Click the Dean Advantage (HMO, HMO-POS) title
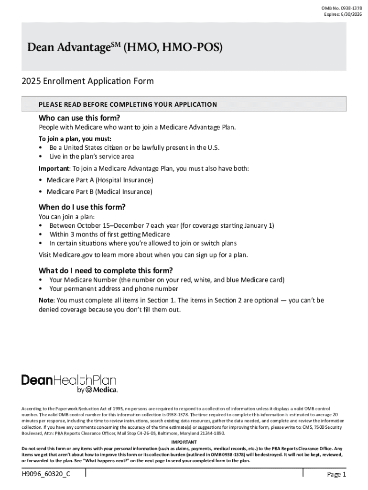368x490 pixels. pyautogui.click(x=125, y=48)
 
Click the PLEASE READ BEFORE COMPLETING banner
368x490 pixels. pyautogui.click(x=128, y=104)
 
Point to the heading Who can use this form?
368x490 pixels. pyautogui.click(x=79, y=118)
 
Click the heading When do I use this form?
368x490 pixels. pyautogui.click(x=82, y=207)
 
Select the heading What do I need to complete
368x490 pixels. pyautogui.click(x=106, y=270)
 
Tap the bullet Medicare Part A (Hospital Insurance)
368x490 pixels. pyautogui.click(x=100, y=180)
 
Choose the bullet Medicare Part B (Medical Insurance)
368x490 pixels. pyautogui.click(x=99, y=192)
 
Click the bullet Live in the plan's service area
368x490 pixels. pyautogui.click(x=92, y=156)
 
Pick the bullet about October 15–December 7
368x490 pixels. pyautogui.click(x=162, y=225)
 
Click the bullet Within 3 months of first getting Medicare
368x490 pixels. pyautogui.click(x=109, y=234)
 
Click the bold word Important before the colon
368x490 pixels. pyautogui.click(x=54, y=168)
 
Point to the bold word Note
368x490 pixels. pyautogui.click(x=46, y=301)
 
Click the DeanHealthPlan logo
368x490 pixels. pyautogui.click(x=69, y=383)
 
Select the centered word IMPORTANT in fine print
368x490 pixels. pyautogui.click(x=184, y=442)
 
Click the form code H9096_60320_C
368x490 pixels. pyautogui.click(x=43, y=474)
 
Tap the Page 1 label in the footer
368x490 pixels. pyautogui.click(x=336, y=474)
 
